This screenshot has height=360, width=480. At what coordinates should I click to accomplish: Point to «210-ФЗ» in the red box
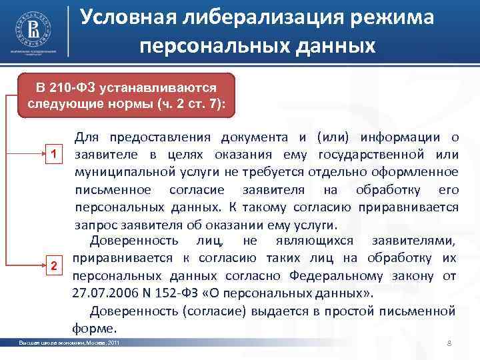(x=75, y=88)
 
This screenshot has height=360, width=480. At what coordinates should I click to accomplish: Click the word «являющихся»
(x=313, y=241)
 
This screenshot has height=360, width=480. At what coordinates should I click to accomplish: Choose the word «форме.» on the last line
(x=94, y=327)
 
